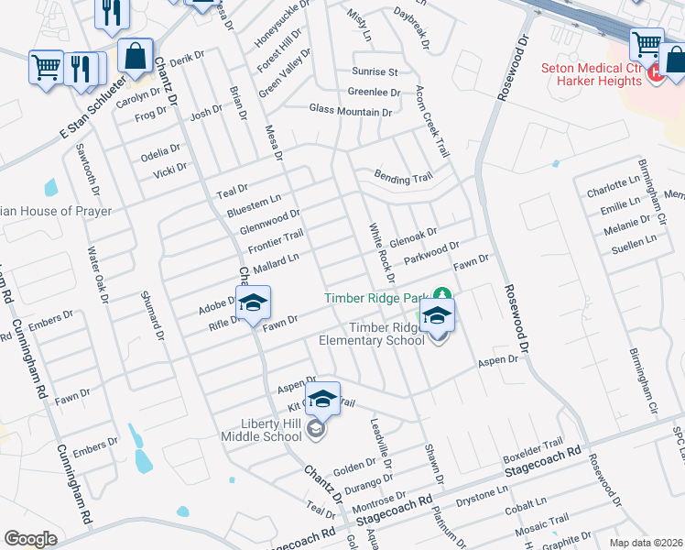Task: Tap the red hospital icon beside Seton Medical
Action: pyautogui.click(x=655, y=73)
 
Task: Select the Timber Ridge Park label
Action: pyautogui.click(x=376, y=298)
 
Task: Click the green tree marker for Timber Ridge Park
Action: pyautogui.click(x=442, y=296)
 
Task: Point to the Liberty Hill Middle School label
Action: pyautogui.click(x=265, y=429)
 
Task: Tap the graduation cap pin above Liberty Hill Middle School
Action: pyautogui.click(x=321, y=399)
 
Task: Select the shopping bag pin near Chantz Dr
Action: pyautogui.click(x=136, y=56)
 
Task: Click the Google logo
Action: pyautogui.click(x=30, y=539)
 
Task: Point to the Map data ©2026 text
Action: pyautogui.click(x=646, y=543)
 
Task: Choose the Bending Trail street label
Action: pyautogui.click(x=402, y=177)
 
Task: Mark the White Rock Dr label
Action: pyautogui.click(x=381, y=252)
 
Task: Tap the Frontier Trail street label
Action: pyautogui.click(x=275, y=243)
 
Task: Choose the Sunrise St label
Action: pyautogui.click(x=375, y=71)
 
